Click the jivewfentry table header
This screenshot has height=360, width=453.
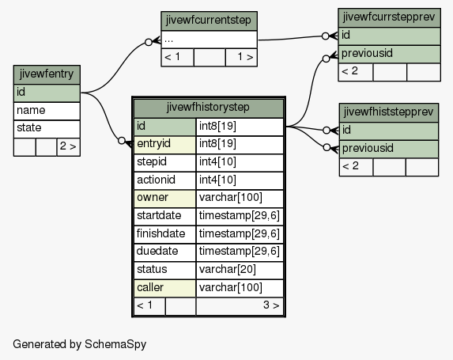[x=47, y=74]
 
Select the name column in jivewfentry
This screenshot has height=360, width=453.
[x=47, y=111]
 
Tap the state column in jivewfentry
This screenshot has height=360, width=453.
[x=47, y=129]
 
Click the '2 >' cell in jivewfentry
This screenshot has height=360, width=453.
[x=69, y=147]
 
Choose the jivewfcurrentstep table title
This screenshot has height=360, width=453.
[x=209, y=21]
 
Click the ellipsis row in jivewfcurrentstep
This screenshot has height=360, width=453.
[x=209, y=40]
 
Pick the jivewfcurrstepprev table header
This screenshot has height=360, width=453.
[x=389, y=17]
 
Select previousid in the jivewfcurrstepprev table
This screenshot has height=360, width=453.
[x=389, y=54]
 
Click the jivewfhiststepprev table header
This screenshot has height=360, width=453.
[x=389, y=112]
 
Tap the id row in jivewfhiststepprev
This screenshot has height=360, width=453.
[x=389, y=131]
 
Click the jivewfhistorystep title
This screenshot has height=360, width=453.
[x=209, y=108]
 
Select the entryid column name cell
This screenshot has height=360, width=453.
[x=164, y=145]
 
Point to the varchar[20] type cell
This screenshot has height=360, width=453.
[x=240, y=270]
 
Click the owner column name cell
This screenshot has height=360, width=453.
[x=164, y=199]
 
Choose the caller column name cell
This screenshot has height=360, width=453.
[x=164, y=288]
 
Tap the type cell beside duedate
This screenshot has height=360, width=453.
[x=240, y=252]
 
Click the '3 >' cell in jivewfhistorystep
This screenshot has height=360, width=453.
[x=240, y=306]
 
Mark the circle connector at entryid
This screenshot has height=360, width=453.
[x=122, y=141]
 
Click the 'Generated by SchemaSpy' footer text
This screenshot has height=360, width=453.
[x=79, y=344]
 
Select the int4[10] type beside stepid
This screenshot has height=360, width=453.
[x=240, y=162]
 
